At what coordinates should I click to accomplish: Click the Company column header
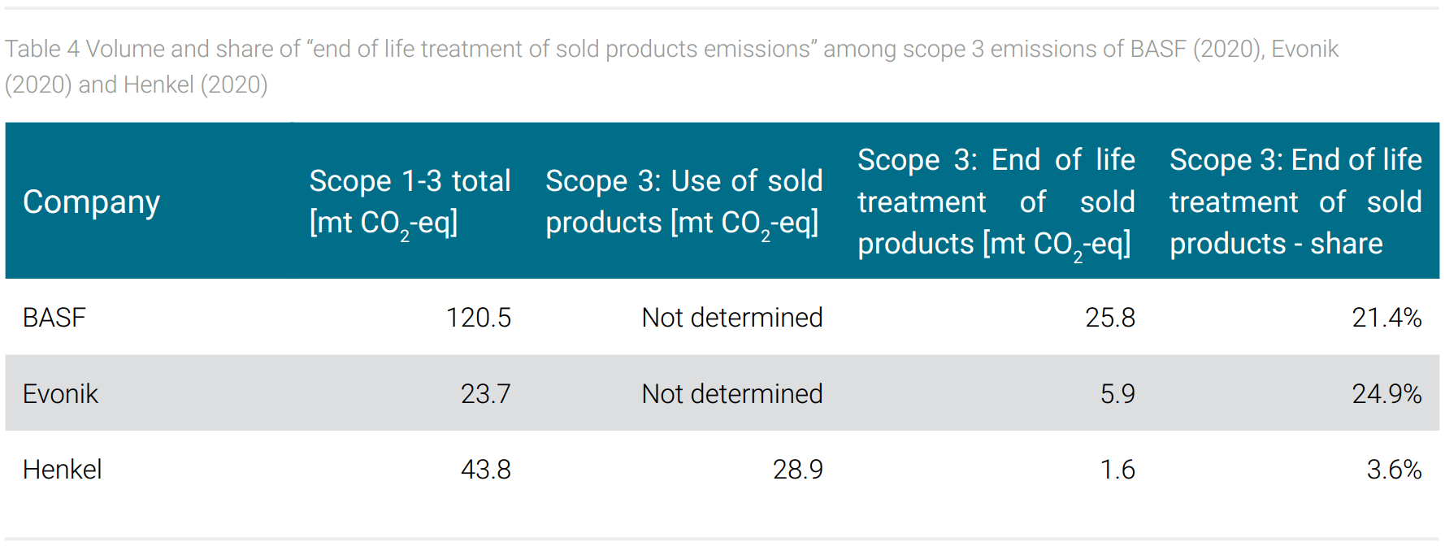point(91,201)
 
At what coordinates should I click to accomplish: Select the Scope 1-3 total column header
point(410,201)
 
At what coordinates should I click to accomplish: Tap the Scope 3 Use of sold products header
point(683,201)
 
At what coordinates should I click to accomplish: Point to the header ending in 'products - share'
point(1295,201)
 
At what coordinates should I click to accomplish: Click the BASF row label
point(54,317)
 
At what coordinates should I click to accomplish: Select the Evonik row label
point(60,393)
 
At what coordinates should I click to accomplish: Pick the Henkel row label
point(63,469)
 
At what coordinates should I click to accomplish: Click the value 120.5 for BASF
point(478,317)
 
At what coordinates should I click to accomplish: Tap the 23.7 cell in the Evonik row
point(485,393)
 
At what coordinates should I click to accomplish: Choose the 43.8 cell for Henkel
point(485,469)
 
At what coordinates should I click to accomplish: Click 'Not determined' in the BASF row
point(732,317)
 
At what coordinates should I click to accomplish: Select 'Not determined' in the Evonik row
point(732,393)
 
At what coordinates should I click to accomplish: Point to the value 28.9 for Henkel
point(797,469)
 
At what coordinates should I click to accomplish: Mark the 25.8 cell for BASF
point(1110,317)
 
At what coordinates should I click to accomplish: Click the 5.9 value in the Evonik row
point(1117,393)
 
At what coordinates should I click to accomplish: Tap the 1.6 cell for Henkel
point(1117,469)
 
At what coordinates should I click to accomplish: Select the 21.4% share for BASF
point(1386,317)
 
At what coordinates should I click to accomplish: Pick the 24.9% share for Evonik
point(1386,393)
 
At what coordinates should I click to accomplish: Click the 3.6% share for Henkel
point(1394,469)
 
